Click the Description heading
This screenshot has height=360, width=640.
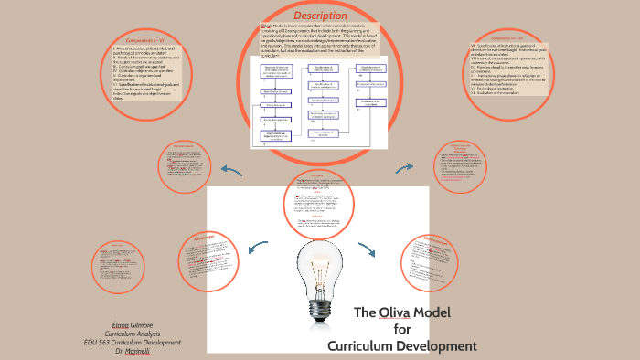click(x=320, y=16)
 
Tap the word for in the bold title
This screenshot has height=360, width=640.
click(x=402, y=329)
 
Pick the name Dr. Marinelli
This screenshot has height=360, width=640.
click(x=138, y=351)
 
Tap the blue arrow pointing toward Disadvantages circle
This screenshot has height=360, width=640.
click(x=368, y=249)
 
